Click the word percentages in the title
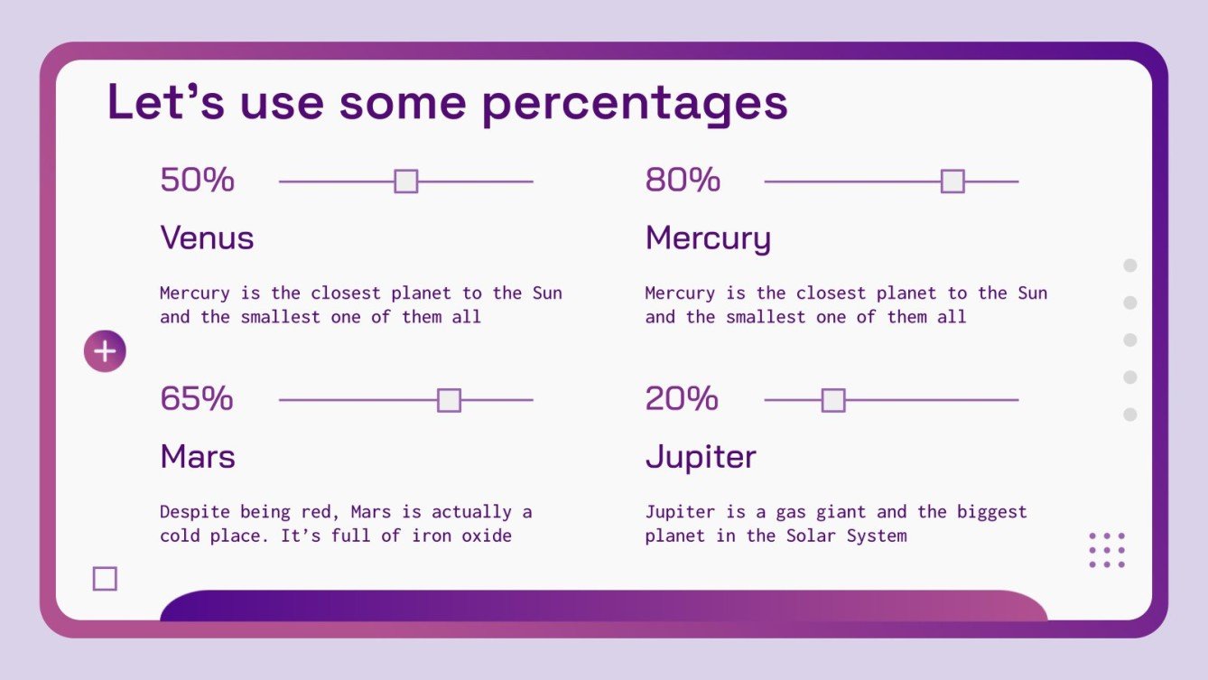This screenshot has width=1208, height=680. point(635,104)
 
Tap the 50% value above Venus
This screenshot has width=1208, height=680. point(197,180)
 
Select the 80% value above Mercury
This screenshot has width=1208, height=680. point(683,180)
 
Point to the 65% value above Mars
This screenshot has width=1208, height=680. point(197,398)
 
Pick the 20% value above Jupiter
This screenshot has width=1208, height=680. point(682,398)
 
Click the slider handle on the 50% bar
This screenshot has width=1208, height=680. point(406,182)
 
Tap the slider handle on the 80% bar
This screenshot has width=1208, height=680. point(952,182)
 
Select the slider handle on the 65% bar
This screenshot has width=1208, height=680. point(449,400)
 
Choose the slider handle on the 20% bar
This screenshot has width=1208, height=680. point(833,400)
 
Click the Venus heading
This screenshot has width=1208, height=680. point(207,238)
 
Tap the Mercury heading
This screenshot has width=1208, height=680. point(708,239)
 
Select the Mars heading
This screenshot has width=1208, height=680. point(198,457)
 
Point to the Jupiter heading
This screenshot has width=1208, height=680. point(701,458)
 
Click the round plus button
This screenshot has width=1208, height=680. point(105,351)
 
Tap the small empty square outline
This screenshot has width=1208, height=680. point(105,579)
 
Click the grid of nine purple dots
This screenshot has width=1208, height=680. point(1107,550)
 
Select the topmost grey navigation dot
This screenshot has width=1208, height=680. point(1129,265)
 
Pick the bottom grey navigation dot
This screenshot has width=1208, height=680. point(1129,415)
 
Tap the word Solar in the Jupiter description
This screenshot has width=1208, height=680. point(811,536)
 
